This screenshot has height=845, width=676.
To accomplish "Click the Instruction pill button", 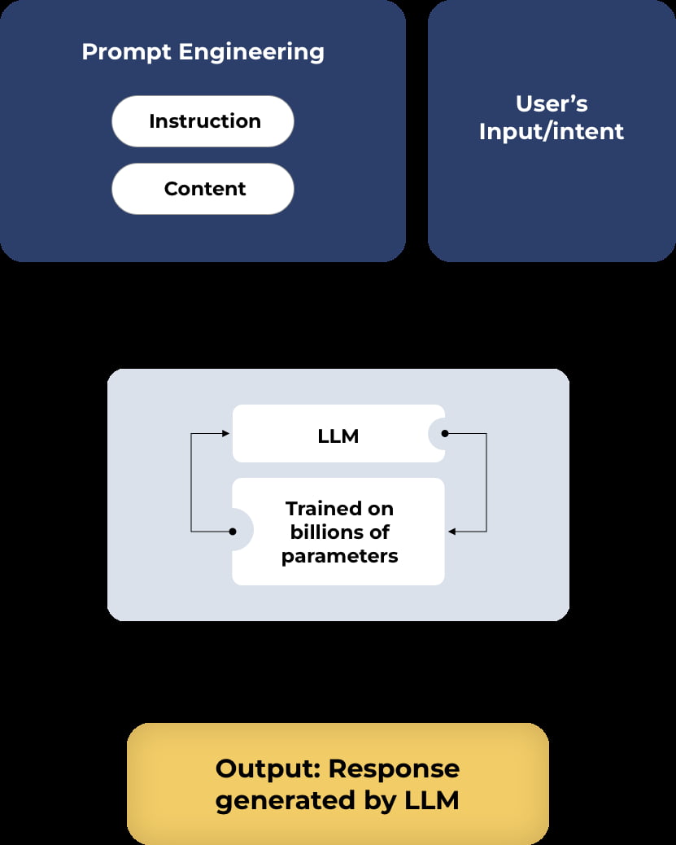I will [203, 121].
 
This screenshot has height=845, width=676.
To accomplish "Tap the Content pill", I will [203, 189].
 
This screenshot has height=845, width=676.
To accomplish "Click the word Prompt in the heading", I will [126, 52].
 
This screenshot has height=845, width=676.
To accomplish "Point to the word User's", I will [552, 104].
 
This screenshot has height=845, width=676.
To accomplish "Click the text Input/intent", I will [552, 132].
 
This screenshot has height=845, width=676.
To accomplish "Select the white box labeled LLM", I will [338, 435].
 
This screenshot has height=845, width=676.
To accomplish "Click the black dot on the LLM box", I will [444, 434].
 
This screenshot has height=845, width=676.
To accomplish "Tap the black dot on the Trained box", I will [233, 532].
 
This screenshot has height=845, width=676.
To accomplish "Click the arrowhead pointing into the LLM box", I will [227, 434].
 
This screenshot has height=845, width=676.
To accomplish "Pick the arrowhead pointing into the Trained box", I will [451, 532].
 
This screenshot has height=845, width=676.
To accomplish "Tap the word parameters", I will [339, 556].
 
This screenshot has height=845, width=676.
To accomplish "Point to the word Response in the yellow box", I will [395, 768].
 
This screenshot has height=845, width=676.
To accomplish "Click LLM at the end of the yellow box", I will [431, 801].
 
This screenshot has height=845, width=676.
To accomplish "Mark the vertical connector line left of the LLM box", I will [191, 483].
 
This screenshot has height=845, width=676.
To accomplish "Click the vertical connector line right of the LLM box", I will [486, 483].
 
